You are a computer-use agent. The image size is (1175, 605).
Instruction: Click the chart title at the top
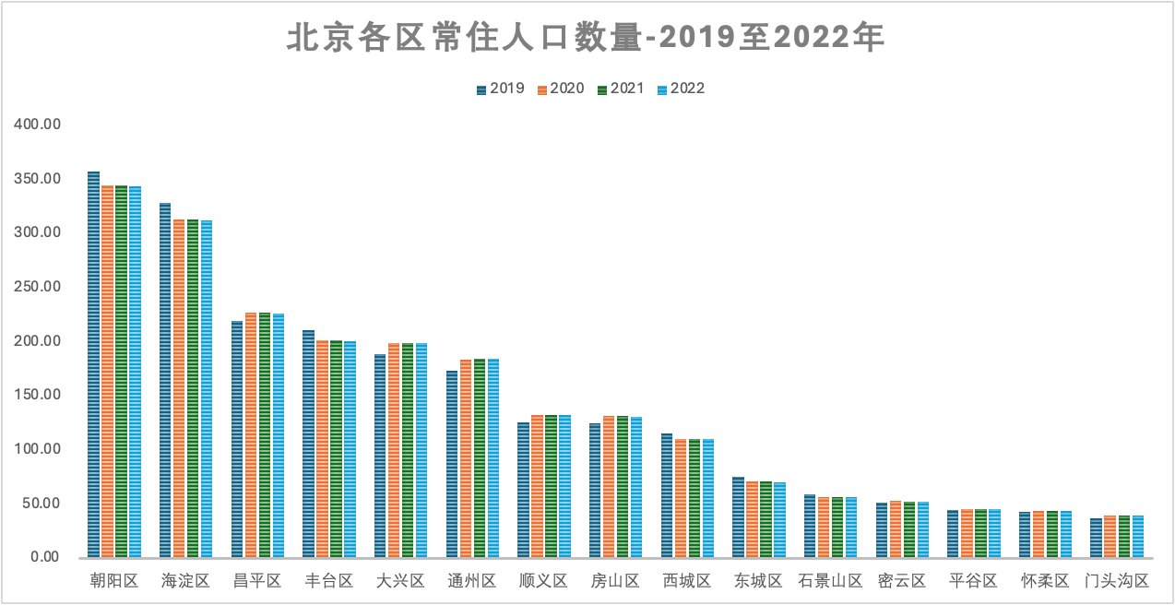pyautogui.click(x=587, y=39)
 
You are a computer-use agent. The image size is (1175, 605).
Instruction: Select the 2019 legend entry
pyautogui.click(x=500, y=89)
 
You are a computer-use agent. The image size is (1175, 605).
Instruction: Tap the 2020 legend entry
pyautogui.click(x=560, y=89)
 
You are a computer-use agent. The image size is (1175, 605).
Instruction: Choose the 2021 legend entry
pyautogui.click(x=620, y=89)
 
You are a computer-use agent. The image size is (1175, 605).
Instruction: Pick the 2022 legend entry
pyautogui.click(x=680, y=89)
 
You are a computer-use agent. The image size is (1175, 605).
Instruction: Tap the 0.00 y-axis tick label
pyautogui.click(x=42, y=558)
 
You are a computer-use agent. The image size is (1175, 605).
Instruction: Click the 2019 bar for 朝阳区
pyautogui.click(x=93, y=364)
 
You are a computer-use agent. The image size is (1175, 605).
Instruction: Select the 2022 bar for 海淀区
pyautogui.click(x=207, y=389)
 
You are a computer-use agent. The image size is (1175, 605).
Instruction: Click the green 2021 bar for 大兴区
pyautogui.click(x=408, y=450)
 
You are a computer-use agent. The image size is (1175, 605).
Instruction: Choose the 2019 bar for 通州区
pyautogui.click(x=452, y=464)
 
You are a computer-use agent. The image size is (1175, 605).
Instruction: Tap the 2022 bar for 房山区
pyautogui.click(x=636, y=487)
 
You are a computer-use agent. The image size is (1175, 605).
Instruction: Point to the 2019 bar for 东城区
pyautogui.click(x=738, y=517)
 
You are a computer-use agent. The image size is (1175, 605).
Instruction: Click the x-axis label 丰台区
pyautogui.click(x=329, y=582)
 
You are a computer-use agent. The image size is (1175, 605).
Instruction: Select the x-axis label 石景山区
pyautogui.click(x=830, y=582)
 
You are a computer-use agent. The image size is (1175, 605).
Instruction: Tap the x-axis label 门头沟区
pyautogui.click(x=1117, y=582)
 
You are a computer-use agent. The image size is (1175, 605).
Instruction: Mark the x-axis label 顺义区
pyautogui.click(x=544, y=582)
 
